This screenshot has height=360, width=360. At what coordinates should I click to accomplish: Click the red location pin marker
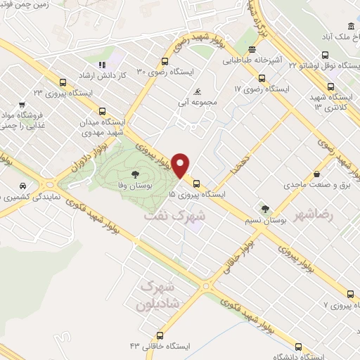pos(181,165)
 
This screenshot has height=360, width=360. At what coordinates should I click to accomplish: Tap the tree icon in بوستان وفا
pos(134,172)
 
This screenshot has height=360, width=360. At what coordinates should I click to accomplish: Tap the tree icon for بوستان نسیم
pos(265,209)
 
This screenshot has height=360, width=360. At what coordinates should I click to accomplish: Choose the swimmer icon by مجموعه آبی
pos(199,92)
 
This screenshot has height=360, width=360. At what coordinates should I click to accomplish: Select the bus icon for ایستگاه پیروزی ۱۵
pos(195,179)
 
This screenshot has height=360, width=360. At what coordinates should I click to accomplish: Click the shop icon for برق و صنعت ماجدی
pos(316,174)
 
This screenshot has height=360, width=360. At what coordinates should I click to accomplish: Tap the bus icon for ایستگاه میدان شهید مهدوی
pos(103,110)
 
